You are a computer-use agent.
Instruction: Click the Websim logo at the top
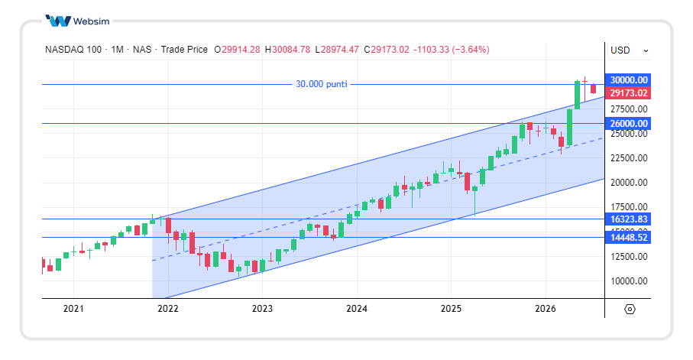pos(78,21)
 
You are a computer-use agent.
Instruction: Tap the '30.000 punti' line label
pos(322,84)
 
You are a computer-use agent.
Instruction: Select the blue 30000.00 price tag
pos(629,80)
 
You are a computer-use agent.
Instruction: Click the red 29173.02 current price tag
pos(629,93)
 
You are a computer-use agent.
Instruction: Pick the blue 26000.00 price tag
pos(629,123)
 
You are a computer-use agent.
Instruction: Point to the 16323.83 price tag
pos(629,219)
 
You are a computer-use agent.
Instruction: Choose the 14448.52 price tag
pos(629,238)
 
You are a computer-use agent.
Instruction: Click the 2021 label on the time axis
pos(73,309)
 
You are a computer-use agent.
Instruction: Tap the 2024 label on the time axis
pos(357,309)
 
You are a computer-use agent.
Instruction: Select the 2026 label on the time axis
pos(546,309)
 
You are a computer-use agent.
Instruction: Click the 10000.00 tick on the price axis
pos(629,281)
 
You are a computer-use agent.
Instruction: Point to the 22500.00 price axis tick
pos(629,158)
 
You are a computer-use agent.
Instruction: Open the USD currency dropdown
pos(629,50)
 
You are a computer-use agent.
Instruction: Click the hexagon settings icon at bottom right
pos(630,309)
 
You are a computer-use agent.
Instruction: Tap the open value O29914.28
pos(237,50)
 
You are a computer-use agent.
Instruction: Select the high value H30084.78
pos(287,50)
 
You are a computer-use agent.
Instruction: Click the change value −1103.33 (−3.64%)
pos(452,50)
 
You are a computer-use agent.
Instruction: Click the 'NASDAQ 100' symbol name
pos(73,50)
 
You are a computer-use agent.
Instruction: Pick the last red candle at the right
pos(593,89)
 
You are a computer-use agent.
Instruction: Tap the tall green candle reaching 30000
pos(577,95)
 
